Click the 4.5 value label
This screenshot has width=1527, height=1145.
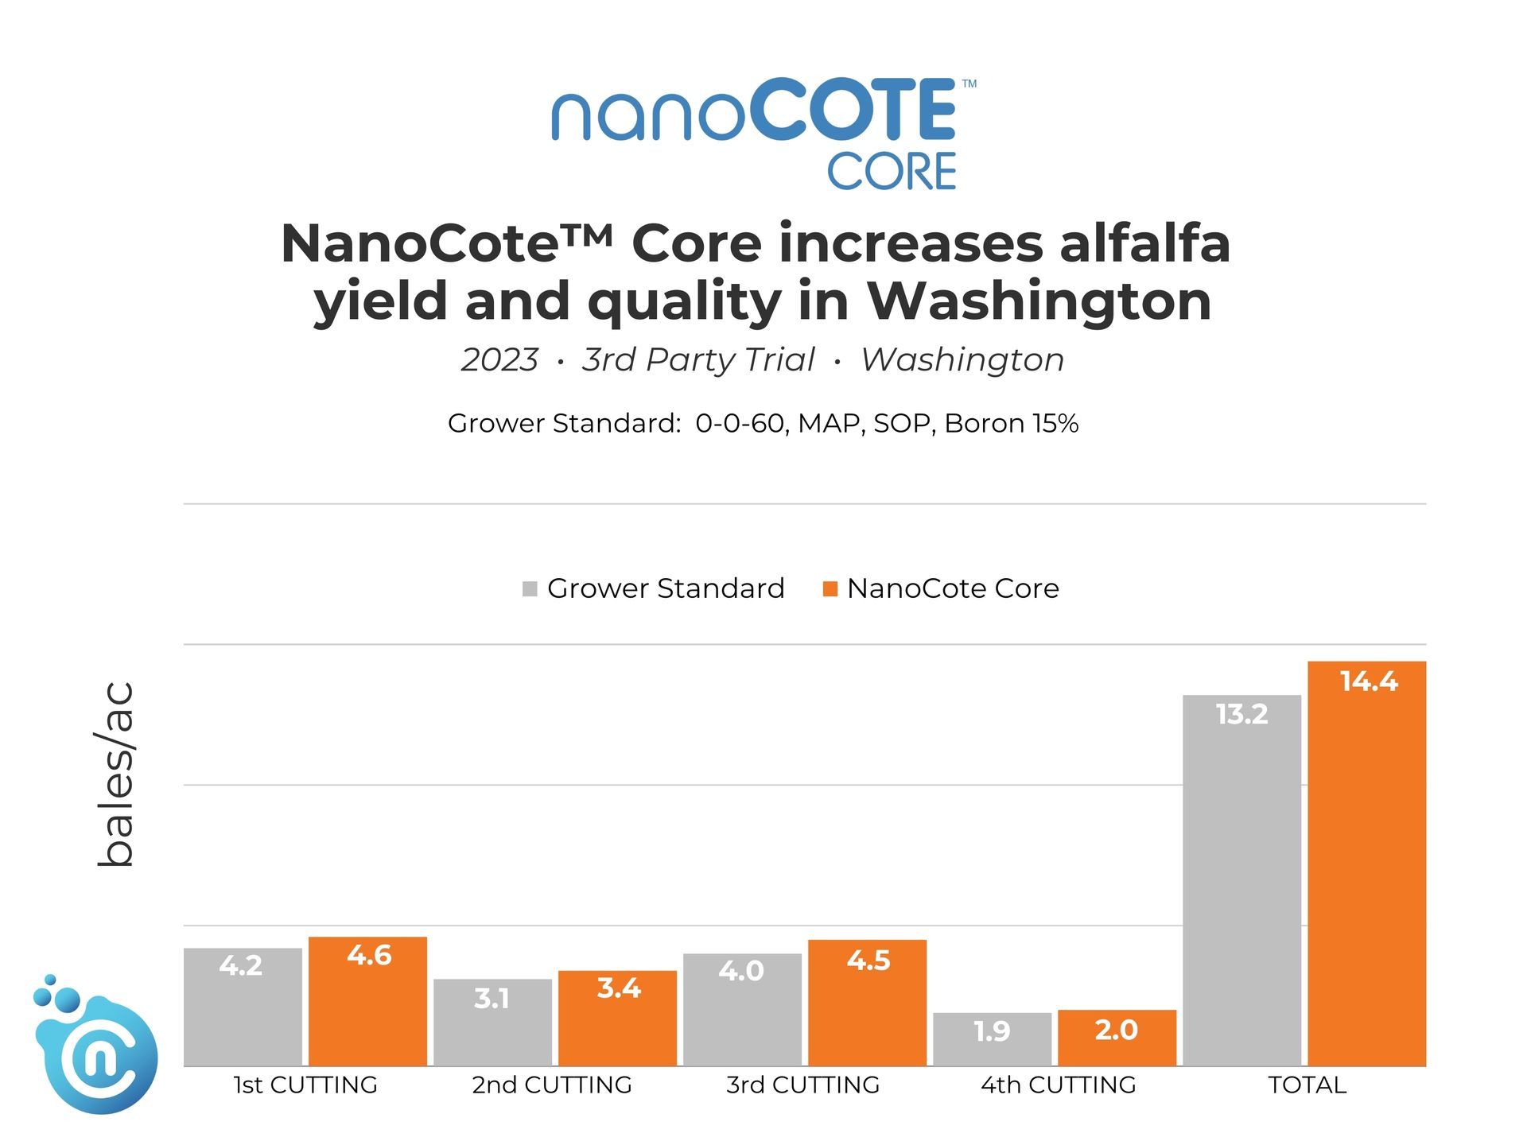click(868, 961)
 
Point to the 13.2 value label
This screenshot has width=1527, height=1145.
click(1241, 714)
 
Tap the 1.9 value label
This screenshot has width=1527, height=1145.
click(992, 1031)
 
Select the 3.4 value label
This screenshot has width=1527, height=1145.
click(618, 988)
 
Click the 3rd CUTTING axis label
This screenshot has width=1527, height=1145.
click(802, 1085)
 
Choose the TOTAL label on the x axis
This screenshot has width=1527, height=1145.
click(1307, 1085)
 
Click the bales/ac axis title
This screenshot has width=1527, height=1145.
click(115, 774)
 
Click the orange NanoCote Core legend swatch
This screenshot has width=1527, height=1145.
click(830, 589)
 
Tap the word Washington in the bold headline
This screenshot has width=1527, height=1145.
click(1039, 301)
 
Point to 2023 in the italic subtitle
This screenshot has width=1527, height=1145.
click(499, 360)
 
